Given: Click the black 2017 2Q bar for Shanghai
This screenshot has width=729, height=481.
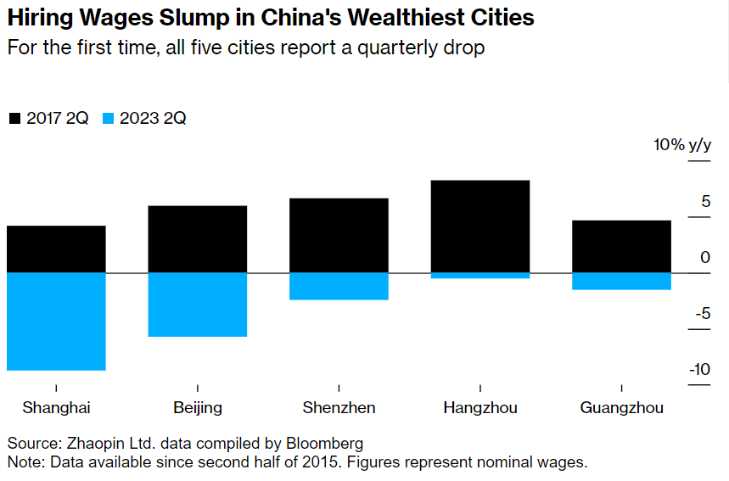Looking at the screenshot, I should [56, 249].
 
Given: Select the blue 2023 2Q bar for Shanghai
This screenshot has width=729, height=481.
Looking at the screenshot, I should [56, 322].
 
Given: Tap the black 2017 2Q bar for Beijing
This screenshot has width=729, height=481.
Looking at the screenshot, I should [197, 238].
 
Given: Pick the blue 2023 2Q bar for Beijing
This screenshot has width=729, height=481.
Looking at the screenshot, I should [197, 305].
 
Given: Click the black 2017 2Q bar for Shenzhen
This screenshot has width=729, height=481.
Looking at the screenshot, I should [339, 235].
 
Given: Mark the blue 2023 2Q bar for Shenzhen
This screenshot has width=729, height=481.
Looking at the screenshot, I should [339, 286].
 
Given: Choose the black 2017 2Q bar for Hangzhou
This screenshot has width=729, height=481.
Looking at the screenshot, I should [480, 226].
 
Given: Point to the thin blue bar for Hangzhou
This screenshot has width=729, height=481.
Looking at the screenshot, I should [480, 276].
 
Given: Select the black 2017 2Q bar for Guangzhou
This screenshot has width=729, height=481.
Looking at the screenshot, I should [621, 246].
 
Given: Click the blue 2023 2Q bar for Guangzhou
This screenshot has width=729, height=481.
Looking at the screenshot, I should [621, 281].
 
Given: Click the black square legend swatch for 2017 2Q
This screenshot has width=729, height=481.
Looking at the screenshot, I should [14, 119].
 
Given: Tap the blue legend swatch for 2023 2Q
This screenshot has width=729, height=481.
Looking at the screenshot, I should [108, 119].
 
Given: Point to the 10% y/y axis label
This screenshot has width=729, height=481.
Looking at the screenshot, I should [681, 145].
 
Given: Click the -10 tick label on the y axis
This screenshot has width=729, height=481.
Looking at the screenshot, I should [699, 370].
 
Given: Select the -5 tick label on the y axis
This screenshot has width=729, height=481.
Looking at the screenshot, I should [702, 314].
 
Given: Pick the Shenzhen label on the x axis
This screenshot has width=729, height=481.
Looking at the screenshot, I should [339, 408].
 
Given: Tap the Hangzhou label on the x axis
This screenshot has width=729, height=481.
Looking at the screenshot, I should [480, 408].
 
